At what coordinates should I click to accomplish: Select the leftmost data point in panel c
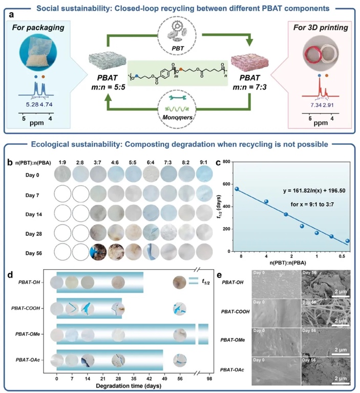pos(237,189)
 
